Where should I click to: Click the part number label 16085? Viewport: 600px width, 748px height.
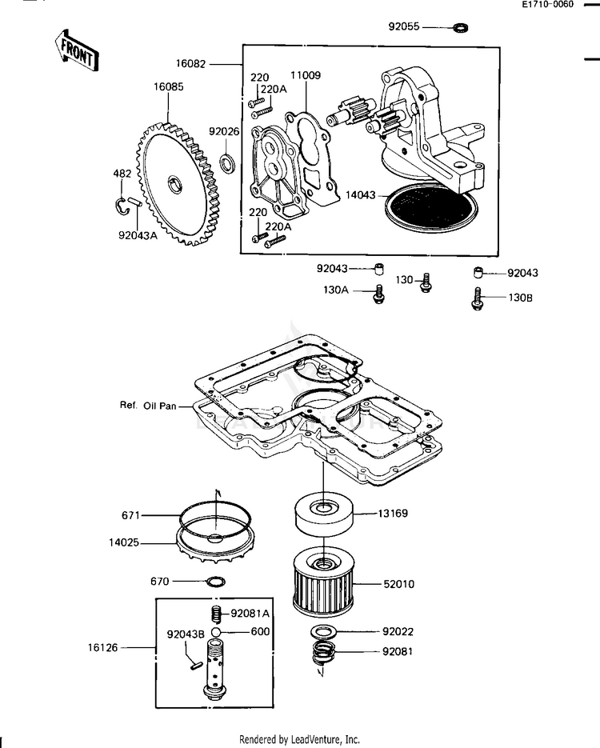(x=168, y=87)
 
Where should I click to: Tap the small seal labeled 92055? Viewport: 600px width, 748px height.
(x=460, y=27)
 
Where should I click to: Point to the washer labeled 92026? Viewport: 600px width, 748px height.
(x=227, y=162)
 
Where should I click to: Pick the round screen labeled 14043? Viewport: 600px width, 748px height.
(x=432, y=207)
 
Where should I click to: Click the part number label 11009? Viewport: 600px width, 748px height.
(x=306, y=75)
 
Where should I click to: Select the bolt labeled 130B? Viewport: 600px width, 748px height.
(x=478, y=298)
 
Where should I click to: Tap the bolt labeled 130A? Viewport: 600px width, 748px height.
(x=379, y=294)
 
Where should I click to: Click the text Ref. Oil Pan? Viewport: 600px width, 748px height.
(x=148, y=406)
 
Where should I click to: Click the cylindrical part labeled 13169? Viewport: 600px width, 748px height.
(x=324, y=514)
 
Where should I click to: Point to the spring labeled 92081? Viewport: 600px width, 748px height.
(x=325, y=653)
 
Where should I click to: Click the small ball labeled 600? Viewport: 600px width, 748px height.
(x=215, y=632)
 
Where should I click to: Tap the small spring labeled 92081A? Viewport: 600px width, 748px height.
(x=217, y=614)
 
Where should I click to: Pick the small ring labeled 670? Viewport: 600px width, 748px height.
(x=215, y=582)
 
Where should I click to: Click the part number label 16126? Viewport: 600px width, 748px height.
(x=102, y=647)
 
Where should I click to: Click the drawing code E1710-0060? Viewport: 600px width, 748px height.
(x=547, y=5)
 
